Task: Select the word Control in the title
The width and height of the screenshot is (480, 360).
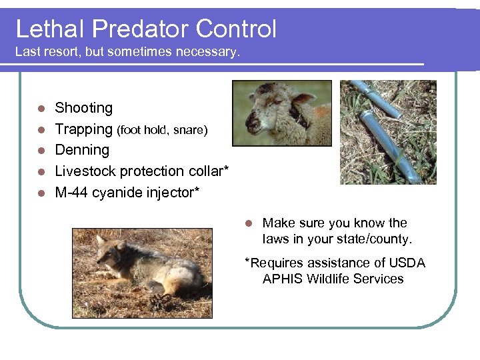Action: tap(237, 29)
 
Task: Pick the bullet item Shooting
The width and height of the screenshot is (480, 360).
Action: tap(83, 108)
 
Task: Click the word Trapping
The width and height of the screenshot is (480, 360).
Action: tap(83, 129)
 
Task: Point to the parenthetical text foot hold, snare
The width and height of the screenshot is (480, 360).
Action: tap(162, 130)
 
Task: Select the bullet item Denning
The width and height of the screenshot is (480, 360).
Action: tap(81, 150)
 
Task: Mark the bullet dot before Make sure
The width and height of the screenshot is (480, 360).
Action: tap(249, 223)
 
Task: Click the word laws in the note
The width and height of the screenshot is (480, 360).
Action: tap(276, 239)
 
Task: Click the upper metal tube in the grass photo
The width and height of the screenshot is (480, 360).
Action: tap(376, 98)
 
